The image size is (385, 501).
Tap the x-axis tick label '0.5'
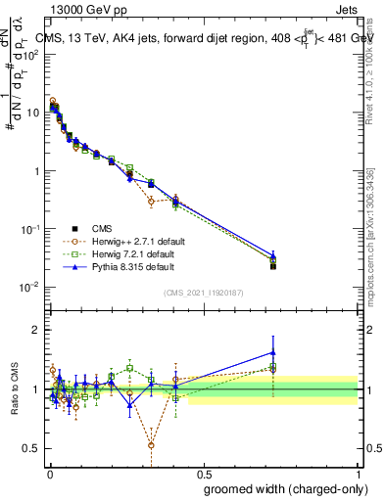point(204,471)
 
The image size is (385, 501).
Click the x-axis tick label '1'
point(358,471)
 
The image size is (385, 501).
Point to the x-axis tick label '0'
point(49,471)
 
